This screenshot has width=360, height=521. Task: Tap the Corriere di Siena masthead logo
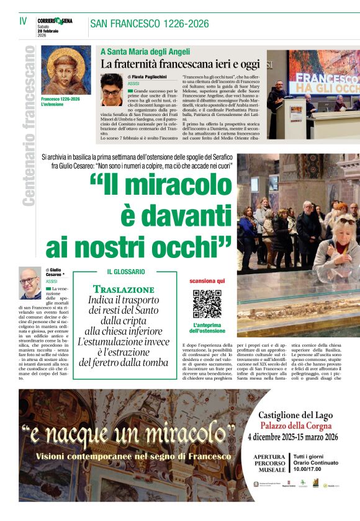[55, 20]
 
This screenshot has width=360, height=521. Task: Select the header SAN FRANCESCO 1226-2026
[149, 24]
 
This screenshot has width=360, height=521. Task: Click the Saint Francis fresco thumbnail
[66, 69]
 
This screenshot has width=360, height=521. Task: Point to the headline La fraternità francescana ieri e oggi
[180, 64]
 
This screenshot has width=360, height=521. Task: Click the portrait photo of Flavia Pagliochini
[111, 90]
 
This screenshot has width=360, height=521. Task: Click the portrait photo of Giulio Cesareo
[29, 283]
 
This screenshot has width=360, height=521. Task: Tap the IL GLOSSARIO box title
[126, 272]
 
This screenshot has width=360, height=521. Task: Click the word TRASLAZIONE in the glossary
[124, 290]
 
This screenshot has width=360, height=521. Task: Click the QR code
[207, 303]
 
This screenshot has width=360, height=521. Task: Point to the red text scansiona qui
[207, 281]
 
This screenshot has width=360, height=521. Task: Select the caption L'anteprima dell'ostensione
[207, 328]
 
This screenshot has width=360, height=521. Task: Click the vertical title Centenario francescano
[27, 125]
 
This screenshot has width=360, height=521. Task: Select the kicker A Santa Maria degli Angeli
[145, 52]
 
